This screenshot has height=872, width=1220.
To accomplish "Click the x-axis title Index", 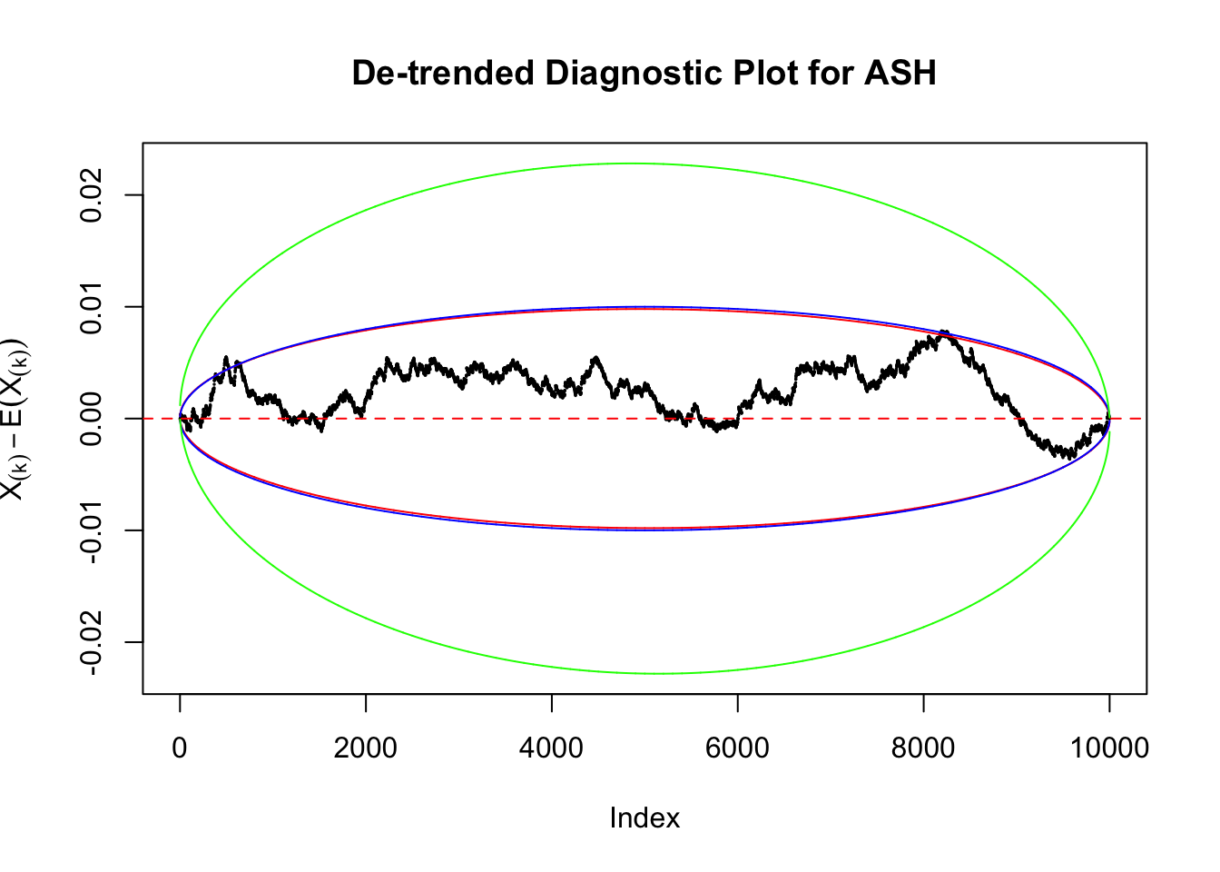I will point(644,818).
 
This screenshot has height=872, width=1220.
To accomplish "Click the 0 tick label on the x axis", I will point(180,748).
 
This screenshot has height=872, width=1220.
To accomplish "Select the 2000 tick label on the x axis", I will point(365,748).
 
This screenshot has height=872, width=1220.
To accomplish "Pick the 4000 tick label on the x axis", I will point(551,748).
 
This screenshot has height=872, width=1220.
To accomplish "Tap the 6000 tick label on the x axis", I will point(737,748).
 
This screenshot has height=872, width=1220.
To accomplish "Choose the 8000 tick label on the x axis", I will point(923,748).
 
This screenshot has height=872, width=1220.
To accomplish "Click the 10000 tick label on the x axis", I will point(1108,748).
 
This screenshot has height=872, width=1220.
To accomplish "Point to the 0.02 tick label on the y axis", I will point(92,195).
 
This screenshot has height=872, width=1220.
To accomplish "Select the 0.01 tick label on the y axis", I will point(92,307).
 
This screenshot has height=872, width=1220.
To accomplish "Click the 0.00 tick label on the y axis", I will point(92,419).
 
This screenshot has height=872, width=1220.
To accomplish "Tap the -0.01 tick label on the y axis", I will point(92,530).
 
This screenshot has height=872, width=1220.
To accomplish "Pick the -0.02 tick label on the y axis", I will point(92,642).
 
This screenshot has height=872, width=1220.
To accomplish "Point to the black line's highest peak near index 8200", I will point(944,332).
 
